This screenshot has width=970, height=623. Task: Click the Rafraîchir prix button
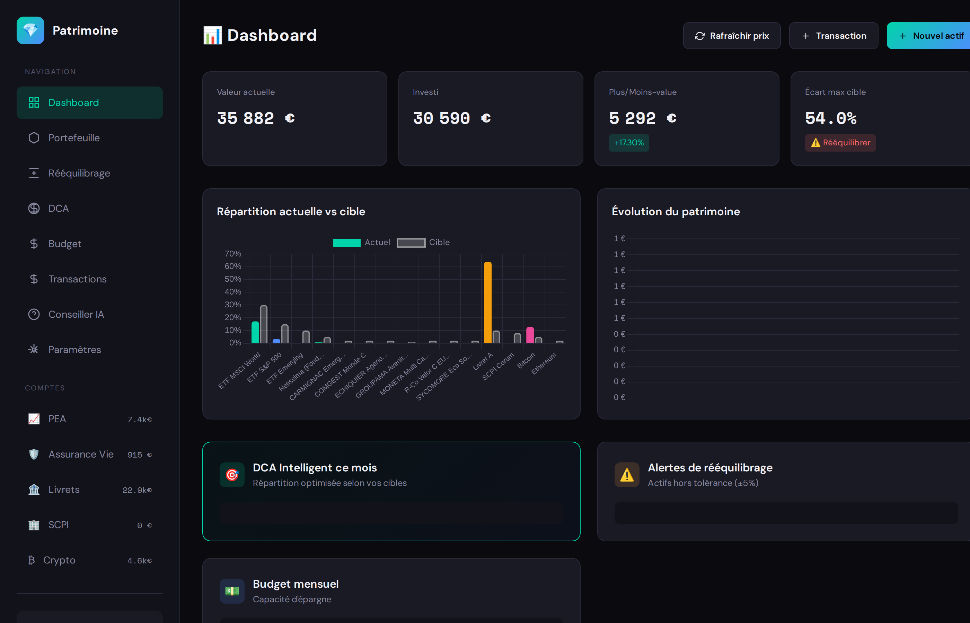[732, 36]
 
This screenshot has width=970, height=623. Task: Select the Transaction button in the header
[834, 36]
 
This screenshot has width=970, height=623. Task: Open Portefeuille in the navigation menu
[74, 138]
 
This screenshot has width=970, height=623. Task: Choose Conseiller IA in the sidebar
[76, 314]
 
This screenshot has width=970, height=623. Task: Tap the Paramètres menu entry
[74, 350]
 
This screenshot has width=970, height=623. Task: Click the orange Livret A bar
[488, 303]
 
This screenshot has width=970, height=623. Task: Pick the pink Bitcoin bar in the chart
[530, 335]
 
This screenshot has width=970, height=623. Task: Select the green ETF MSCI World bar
[255, 332]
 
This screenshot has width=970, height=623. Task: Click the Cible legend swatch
[411, 242]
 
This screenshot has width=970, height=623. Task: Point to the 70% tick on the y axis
[233, 254]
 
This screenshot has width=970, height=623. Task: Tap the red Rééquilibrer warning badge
[840, 143]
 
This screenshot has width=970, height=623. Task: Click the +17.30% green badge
[629, 143]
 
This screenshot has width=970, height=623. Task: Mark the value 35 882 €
[256, 118]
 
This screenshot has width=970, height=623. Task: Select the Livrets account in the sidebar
[64, 489]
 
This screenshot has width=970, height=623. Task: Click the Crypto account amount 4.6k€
[139, 560]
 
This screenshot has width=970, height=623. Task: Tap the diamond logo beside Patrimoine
[30, 30]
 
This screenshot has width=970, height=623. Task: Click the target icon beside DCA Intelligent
[232, 475]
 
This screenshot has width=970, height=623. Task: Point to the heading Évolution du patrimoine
[676, 211]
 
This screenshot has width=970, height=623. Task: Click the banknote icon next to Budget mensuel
[232, 591]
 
